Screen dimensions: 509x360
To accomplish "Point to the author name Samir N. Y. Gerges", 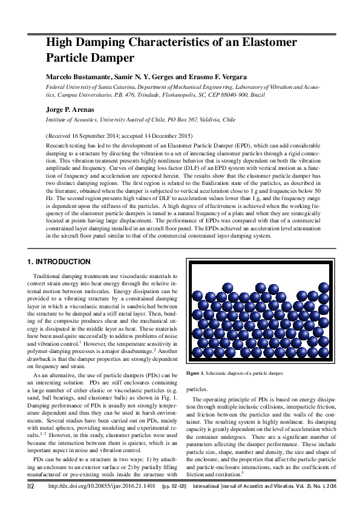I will tap(142, 78).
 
